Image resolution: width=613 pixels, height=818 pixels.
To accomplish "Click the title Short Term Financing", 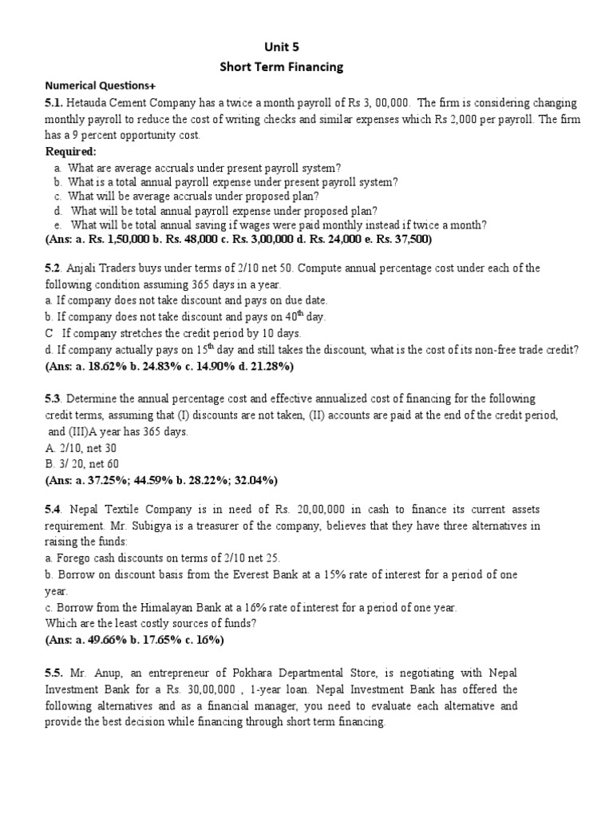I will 281,67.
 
